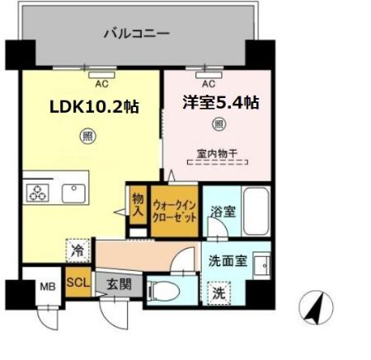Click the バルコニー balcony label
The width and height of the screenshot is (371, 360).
137,34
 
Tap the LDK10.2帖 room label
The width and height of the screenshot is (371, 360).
94,106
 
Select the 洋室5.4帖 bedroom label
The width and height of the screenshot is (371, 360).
221,103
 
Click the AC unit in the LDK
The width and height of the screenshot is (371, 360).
101,75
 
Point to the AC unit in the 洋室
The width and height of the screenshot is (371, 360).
209,75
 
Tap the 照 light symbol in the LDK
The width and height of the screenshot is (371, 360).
88,136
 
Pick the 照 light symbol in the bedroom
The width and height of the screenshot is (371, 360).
218,124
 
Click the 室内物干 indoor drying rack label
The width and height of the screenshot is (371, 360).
217,154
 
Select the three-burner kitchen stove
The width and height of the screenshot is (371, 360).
38,193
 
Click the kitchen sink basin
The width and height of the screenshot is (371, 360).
73,194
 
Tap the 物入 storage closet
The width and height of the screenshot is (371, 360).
138,205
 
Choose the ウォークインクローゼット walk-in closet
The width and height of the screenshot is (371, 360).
175,211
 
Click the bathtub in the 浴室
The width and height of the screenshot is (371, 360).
256,211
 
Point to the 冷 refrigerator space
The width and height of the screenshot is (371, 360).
77,250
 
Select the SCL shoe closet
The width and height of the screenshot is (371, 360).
78,282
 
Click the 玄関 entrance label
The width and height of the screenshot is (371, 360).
119,284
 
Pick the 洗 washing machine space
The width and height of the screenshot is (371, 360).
218,293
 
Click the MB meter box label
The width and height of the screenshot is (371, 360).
48,287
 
